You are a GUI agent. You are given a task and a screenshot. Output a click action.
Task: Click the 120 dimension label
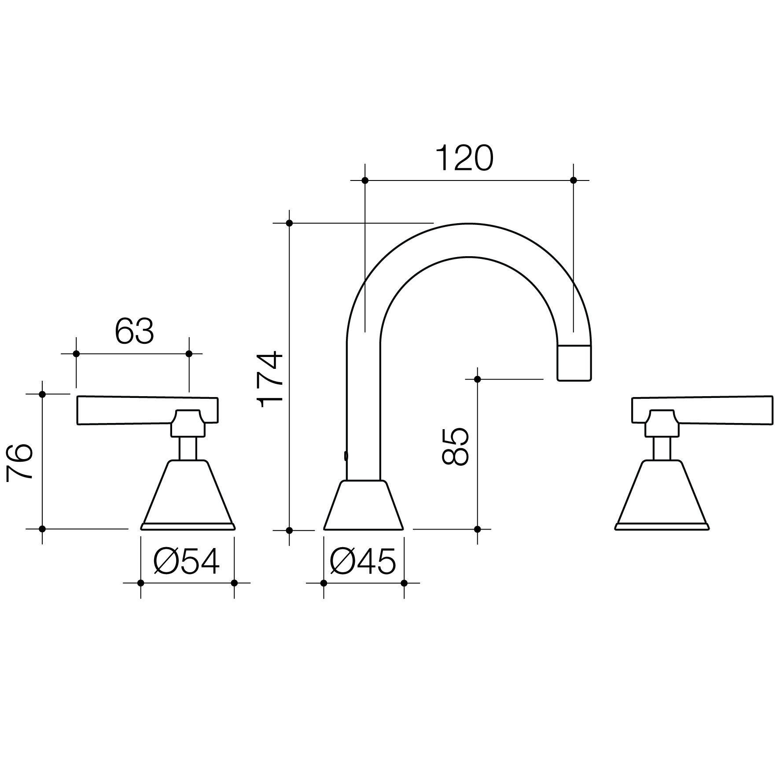pyautogui.click(x=464, y=158)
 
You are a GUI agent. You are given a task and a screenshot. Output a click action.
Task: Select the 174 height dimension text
pyautogui.click(x=270, y=379)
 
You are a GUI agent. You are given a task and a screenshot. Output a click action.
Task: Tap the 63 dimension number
pyautogui.click(x=134, y=331)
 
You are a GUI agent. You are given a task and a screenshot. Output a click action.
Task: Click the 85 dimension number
pyautogui.click(x=455, y=446)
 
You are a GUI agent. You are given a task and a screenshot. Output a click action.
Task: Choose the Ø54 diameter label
pyautogui.click(x=187, y=562)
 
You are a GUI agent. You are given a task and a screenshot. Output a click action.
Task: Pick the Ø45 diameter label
pyautogui.click(x=363, y=562)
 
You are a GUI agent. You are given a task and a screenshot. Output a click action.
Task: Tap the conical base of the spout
pyautogui.click(x=364, y=505)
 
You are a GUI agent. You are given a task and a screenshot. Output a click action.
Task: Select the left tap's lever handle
pyautogui.click(x=147, y=410)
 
